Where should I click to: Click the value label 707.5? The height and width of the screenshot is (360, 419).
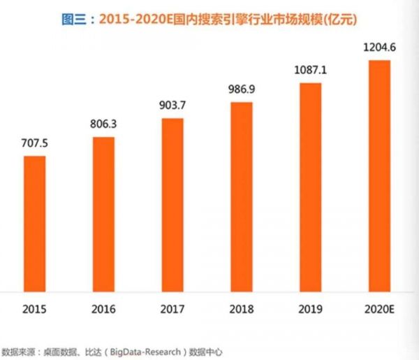click(x=34, y=145)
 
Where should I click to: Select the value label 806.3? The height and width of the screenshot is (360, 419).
click(x=103, y=127)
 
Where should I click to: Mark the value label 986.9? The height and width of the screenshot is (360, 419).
click(x=241, y=92)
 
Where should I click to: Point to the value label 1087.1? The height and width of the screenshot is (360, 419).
click(x=310, y=72)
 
